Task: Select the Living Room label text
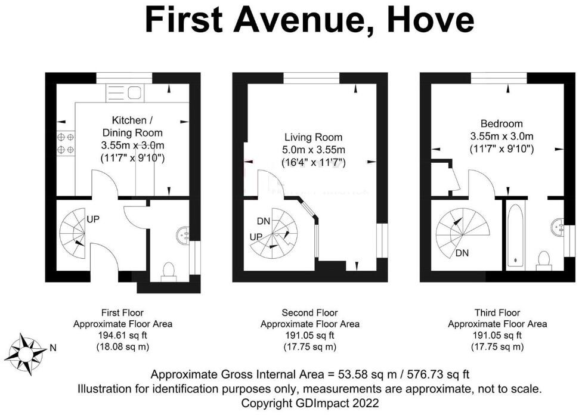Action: pyautogui.click(x=313, y=138)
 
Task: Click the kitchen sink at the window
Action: pyautogui.click(x=124, y=92)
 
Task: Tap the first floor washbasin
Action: pyautogui.click(x=183, y=234)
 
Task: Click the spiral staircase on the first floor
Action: pyautogui.click(x=73, y=230)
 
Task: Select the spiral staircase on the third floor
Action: pyautogui.click(x=462, y=230)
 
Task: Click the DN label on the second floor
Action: pyautogui.click(x=264, y=221)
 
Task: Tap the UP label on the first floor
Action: pyautogui.click(x=93, y=219)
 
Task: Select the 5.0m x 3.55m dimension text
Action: pyautogui.click(x=314, y=150)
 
